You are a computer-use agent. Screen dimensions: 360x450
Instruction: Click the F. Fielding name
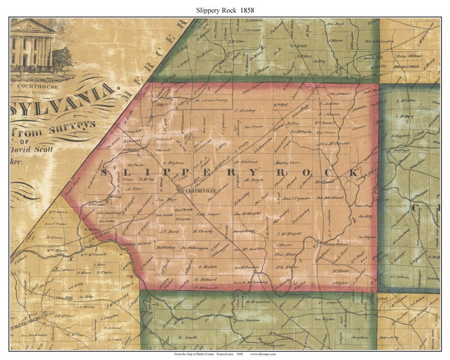(245, 111)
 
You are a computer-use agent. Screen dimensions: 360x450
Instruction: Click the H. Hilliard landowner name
(205, 280)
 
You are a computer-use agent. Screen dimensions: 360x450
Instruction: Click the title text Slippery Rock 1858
(225, 10)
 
